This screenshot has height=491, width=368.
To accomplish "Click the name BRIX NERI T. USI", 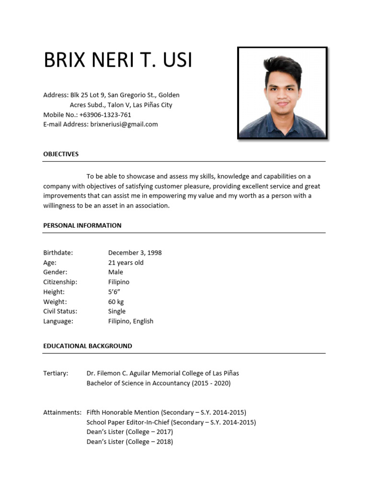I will pos(118,60).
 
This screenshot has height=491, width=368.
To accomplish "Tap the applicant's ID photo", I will pos(282,93).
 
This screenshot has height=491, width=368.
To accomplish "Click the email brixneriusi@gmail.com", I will pos(124,124).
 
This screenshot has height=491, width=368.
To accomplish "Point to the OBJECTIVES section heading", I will pos(61,154).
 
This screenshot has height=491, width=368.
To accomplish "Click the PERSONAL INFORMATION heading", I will pos(82,225).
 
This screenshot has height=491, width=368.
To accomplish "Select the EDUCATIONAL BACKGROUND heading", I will pos(88,346).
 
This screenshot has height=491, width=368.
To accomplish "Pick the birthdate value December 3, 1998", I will pos(135,253).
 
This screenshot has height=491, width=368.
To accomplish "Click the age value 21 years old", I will pos(126,263).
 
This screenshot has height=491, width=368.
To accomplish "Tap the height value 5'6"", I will pos(114,292).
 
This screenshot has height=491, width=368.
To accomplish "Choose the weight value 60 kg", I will pos(116,302).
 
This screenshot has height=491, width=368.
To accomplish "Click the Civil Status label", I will pos(60,311).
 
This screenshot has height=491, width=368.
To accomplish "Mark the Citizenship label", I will pos(60,282).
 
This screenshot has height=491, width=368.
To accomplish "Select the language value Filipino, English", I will pos(130,321).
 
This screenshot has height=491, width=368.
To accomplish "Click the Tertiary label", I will pos(56,373).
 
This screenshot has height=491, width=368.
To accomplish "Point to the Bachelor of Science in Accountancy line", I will pos(158,383).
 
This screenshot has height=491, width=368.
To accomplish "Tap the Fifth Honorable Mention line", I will pos(166,412).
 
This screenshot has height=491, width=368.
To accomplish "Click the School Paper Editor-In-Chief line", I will pos(171,422).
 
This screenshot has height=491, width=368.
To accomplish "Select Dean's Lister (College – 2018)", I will pos(129,442).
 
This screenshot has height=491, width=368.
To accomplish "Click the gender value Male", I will pos(115,272).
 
